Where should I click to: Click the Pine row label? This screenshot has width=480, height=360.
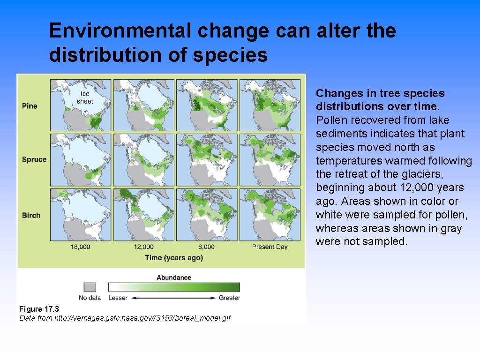[x=29, y=106]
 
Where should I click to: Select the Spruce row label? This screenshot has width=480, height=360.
[x=34, y=159]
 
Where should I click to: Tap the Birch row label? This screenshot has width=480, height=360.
[x=31, y=215]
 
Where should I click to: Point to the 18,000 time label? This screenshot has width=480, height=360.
[x=81, y=247]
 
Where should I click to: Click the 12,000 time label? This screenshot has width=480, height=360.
[x=143, y=247]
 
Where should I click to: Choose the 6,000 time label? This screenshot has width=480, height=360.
[x=206, y=247]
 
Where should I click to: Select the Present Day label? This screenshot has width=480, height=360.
[x=270, y=247]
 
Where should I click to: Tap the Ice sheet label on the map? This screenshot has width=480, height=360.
[x=85, y=97]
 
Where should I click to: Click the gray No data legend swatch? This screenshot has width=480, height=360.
[x=90, y=287]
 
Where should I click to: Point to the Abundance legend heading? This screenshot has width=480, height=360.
[x=173, y=277]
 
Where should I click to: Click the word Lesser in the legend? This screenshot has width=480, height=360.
[x=118, y=298]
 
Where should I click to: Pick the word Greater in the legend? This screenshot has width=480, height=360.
[x=229, y=298]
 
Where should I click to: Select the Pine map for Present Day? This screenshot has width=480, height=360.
[x=270, y=105]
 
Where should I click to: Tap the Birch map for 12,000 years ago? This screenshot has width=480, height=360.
[x=143, y=214]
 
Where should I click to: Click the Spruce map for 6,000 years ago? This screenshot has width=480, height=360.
[x=206, y=160]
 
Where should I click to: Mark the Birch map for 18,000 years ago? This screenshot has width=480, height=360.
[x=81, y=214]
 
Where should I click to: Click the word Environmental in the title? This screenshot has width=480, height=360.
[x=120, y=31]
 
